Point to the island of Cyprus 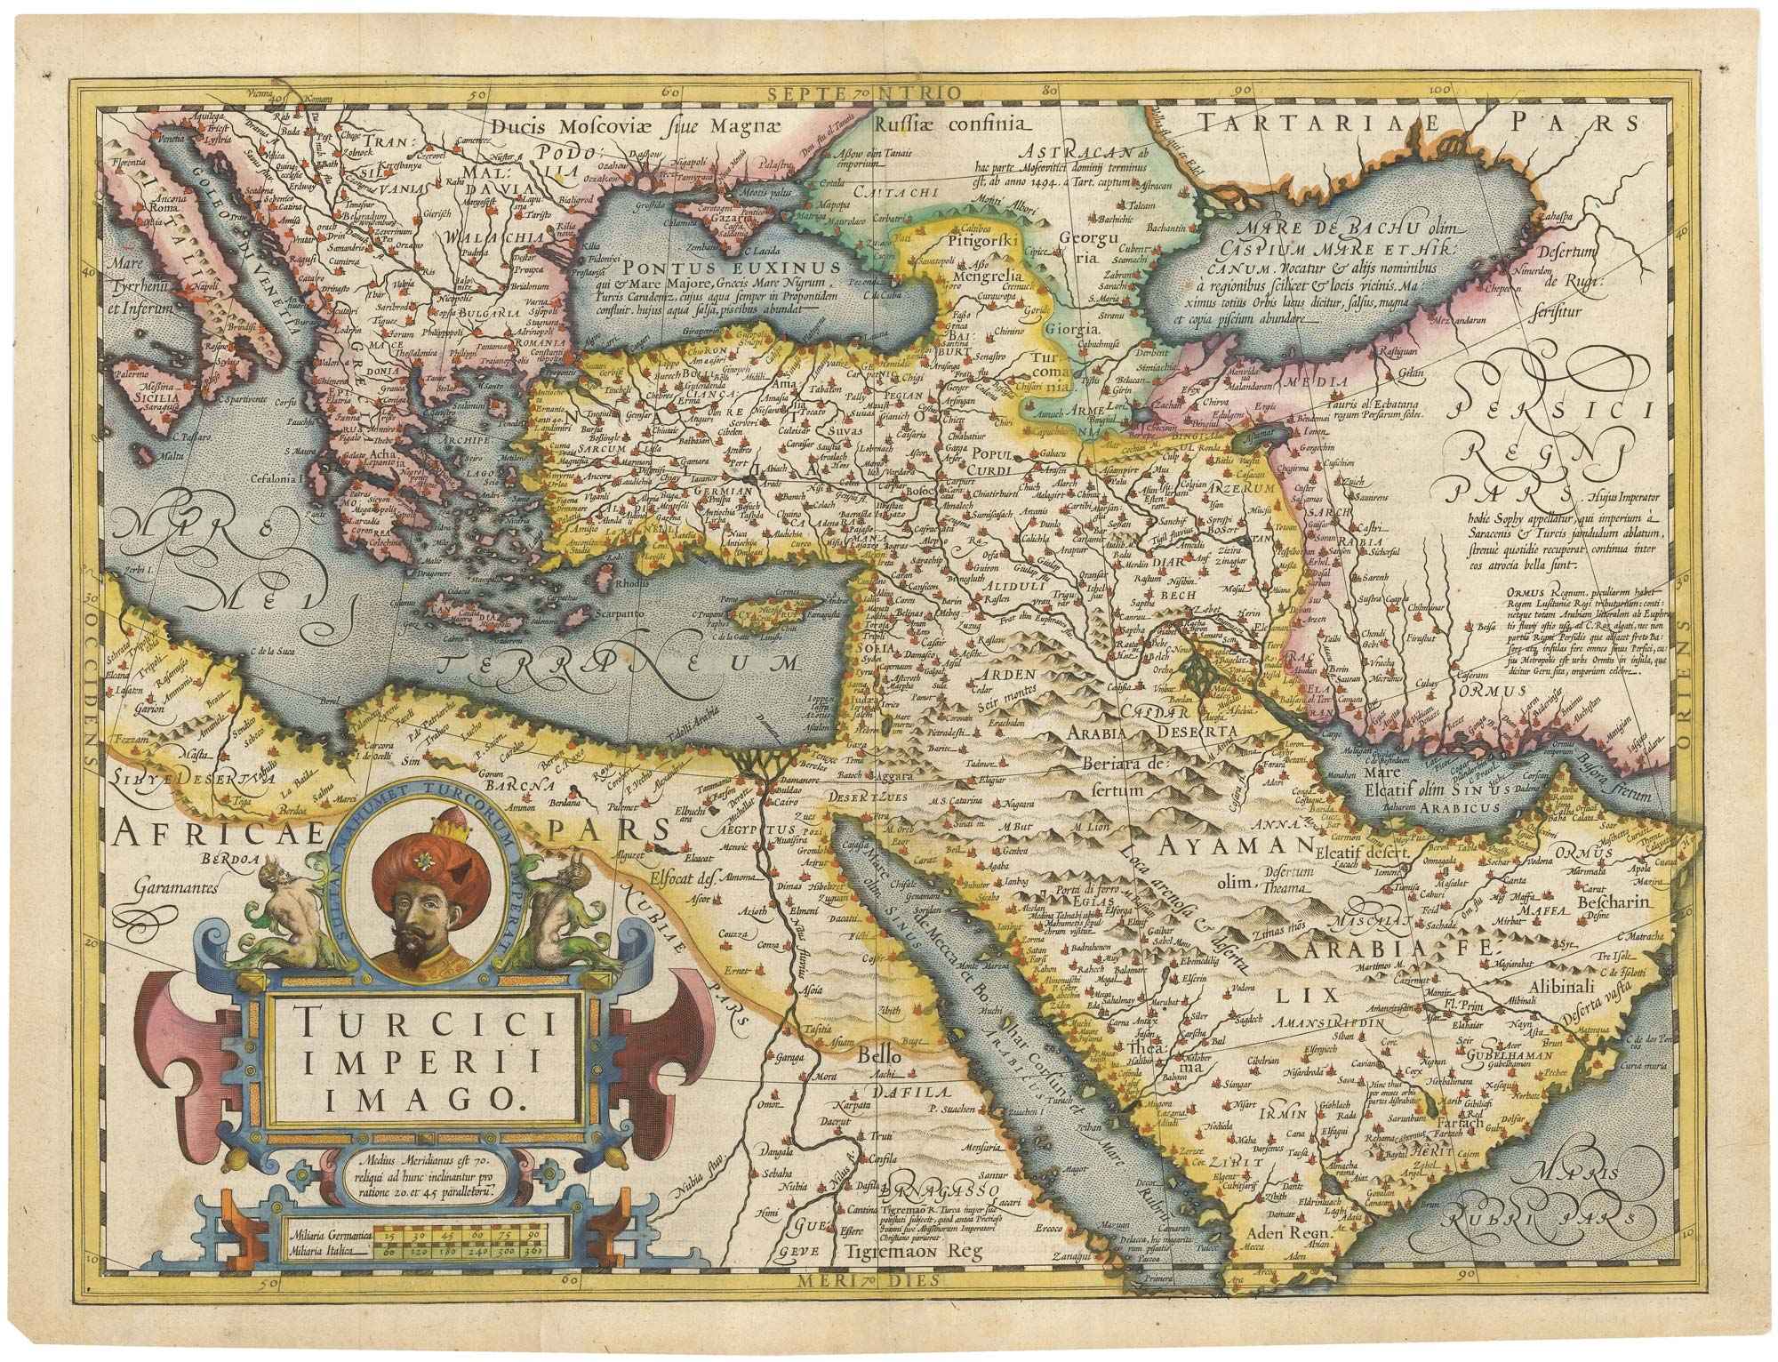(773, 612)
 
